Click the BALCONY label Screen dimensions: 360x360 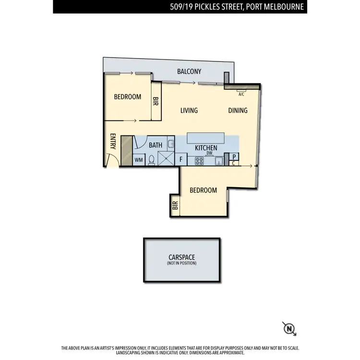(189, 72)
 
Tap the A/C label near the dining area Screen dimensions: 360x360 (241, 95)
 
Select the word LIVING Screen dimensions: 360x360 (189, 110)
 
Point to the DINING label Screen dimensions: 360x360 (238, 110)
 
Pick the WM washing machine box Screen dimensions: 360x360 (139, 160)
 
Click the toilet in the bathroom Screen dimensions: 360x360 (152, 160)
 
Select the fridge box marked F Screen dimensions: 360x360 (181, 159)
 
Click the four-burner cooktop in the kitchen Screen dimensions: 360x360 (200, 160)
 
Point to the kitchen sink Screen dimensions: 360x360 (219, 160)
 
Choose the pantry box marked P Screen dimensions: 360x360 (234, 156)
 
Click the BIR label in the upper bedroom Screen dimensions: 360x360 (156, 101)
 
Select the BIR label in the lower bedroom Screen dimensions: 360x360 (175, 205)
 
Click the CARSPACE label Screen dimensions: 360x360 (181, 257)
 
